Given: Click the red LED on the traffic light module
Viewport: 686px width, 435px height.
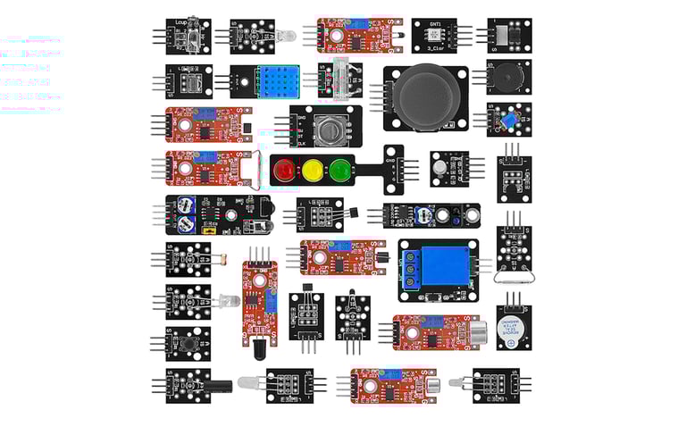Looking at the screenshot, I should tap(285, 169).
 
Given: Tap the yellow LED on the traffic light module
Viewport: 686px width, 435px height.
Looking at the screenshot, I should tap(312, 169).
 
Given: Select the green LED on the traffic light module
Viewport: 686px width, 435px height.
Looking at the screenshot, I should tap(338, 169).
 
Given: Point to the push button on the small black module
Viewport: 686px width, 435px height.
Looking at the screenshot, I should tap(189, 342).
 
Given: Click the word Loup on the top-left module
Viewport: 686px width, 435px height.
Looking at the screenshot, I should tap(182, 21).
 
